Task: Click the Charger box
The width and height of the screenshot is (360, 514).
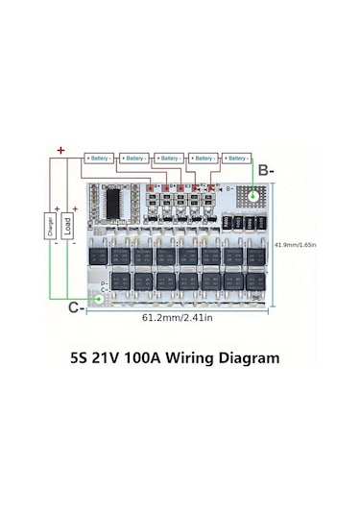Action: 47,229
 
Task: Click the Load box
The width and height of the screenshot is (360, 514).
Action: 67,229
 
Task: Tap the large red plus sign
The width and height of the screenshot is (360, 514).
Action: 60,150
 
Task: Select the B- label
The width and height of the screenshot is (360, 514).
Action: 266,169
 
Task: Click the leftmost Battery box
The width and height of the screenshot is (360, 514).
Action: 99,157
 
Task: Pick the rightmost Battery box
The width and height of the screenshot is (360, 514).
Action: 235,157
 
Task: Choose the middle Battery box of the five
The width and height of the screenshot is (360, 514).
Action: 167,157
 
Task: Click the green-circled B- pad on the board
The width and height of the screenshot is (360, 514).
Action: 252,198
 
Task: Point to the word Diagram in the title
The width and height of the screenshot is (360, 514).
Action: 252,358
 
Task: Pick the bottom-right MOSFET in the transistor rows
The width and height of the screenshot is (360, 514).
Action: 257,281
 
